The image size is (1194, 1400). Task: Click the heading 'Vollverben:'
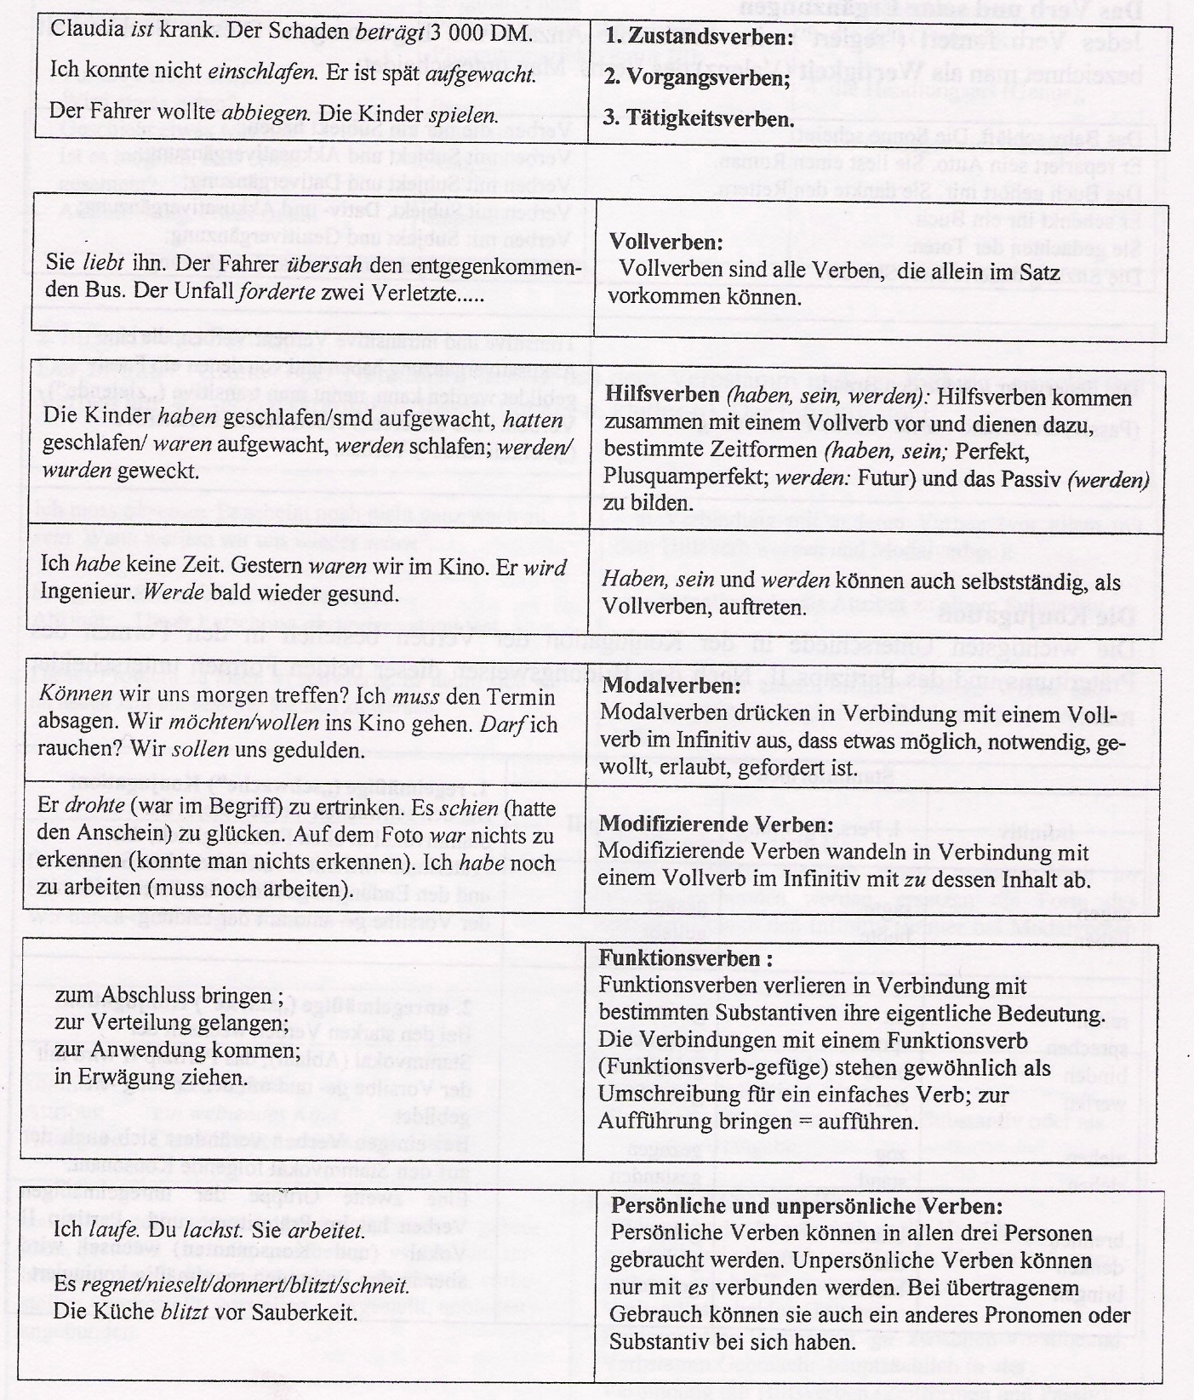click(x=666, y=242)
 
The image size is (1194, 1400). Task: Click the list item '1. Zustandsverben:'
click(x=698, y=37)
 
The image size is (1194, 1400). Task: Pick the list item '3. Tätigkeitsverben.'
click(x=698, y=118)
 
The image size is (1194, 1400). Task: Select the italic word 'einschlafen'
click(x=263, y=71)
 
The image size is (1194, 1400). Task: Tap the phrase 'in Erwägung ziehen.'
click(x=139, y=1077)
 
